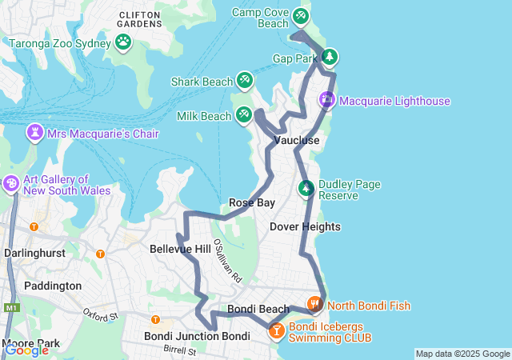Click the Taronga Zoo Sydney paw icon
[123, 41]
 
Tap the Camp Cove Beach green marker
[300, 15]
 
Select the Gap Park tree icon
[328, 57]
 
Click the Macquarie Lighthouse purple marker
[327, 100]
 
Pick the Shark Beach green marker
[244, 80]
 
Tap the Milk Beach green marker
[244, 115]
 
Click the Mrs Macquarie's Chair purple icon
[36, 132]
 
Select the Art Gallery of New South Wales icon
[11, 184]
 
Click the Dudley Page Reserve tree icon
[306, 189]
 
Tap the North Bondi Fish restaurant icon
[314, 304]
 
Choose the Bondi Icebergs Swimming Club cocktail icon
[276, 330]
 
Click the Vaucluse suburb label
[297, 141]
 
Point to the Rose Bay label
[252, 202]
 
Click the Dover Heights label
[305, 227]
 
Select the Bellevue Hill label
[180, 250]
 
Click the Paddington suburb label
[53, 286]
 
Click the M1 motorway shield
[10, 307]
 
